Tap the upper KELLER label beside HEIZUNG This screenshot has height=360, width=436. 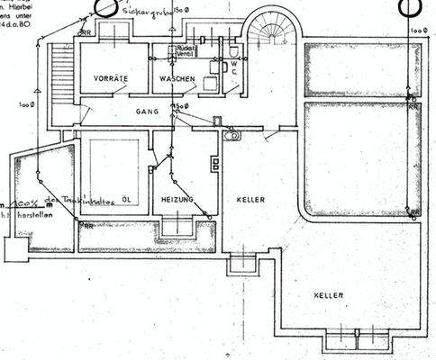(x=250, y=199)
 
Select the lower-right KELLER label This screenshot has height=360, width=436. (x=328, y=295)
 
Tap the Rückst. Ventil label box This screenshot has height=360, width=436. (x=186, y=51)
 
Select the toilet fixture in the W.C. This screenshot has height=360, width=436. (x=232, y=50)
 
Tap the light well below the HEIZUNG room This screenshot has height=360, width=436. (x=177, y=226)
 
